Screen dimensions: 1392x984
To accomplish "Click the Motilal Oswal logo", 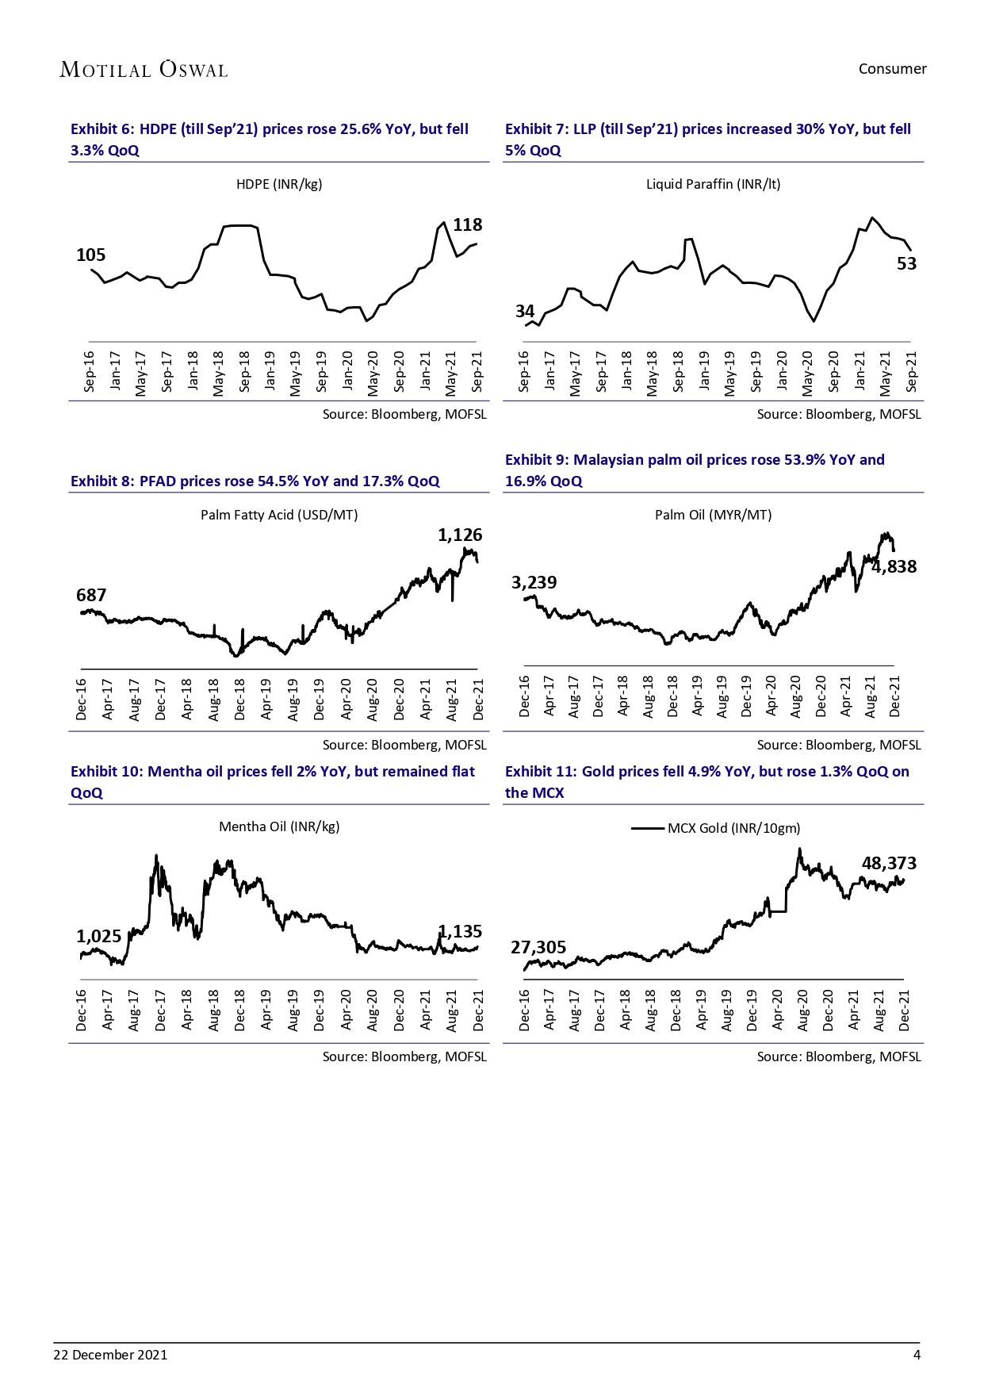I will coord(144,70).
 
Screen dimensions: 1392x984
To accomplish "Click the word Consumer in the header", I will coord(892,69).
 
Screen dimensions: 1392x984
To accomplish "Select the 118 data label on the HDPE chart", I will coord(467,225).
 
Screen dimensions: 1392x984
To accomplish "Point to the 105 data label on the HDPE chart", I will coord(90,255).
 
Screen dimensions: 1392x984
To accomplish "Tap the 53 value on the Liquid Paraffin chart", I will coord(906,263).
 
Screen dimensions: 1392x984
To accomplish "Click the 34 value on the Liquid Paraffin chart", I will coord(525,311).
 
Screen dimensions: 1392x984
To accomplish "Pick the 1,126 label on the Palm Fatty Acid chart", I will coord(460,535).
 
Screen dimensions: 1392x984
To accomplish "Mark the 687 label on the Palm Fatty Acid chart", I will coord(91,595).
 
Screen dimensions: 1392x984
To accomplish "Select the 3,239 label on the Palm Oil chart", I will coord(534,583).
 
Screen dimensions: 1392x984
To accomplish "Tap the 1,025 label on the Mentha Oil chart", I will coord(98,937).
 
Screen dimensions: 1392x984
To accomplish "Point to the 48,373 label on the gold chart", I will coord(889,863).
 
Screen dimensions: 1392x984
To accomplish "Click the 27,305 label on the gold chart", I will coord(538,947).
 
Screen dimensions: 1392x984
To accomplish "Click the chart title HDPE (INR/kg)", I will coord(279,184).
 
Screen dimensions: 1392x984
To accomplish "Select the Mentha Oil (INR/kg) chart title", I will coord(279,826).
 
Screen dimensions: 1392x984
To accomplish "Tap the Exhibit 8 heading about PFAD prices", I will coord(255,481).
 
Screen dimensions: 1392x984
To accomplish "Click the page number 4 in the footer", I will coord(917,1355).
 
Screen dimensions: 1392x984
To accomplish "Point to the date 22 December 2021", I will coord(110,1355).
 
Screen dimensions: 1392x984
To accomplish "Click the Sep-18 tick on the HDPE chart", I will coord(244,371).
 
